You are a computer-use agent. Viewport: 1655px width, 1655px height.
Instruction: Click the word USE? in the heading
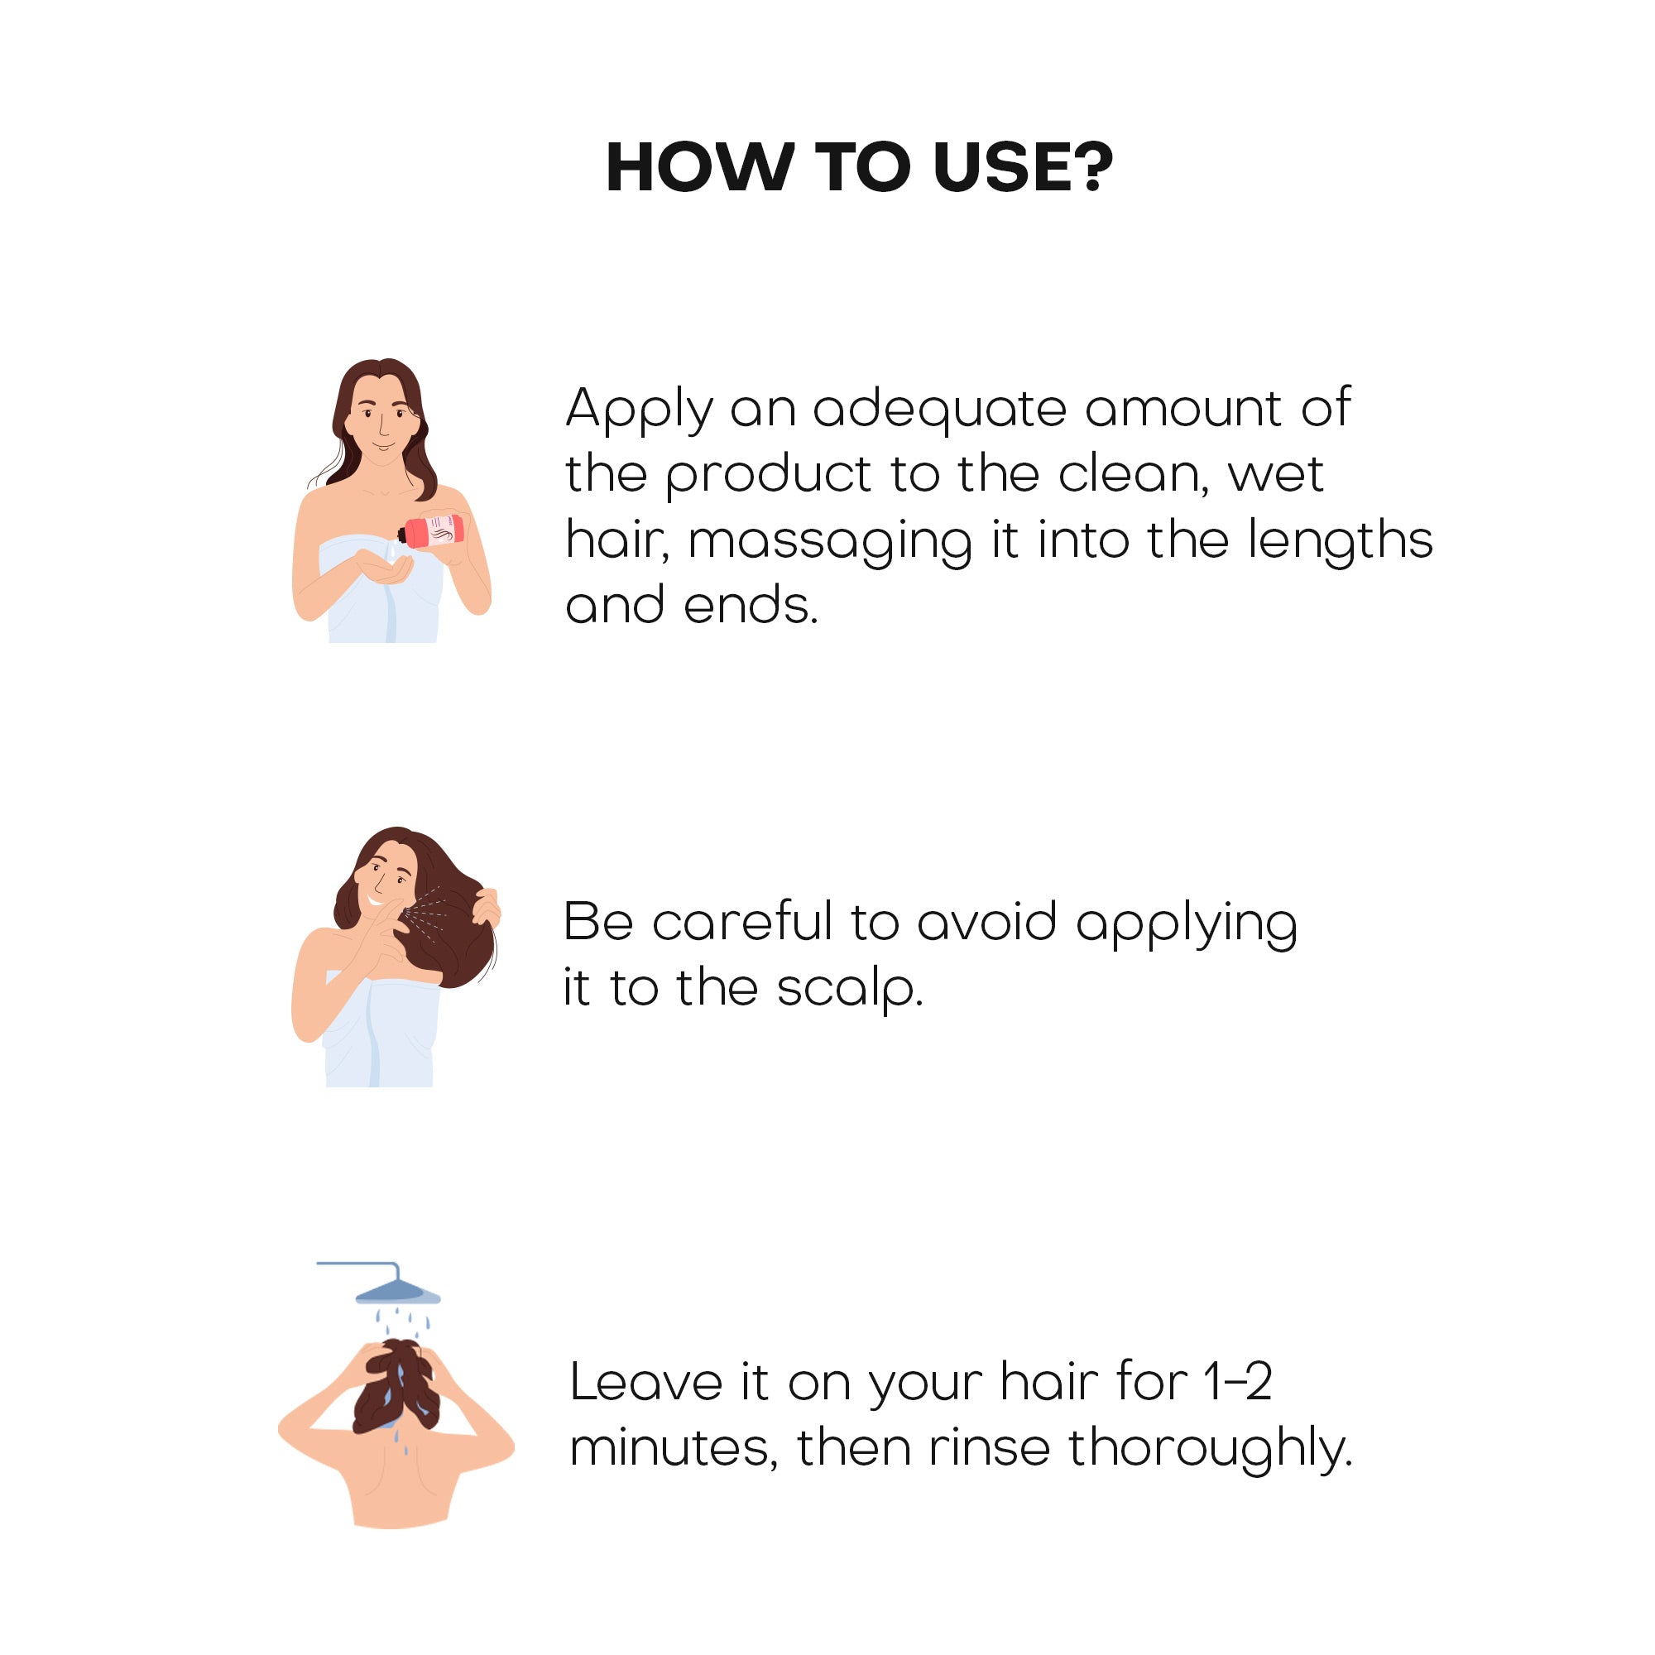click(1023, 166)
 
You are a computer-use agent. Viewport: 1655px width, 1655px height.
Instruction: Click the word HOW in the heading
click(700, 166)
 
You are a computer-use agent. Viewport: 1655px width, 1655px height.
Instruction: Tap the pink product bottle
click(432, 531)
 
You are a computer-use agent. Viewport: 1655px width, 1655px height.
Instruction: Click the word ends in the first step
click(751, 605)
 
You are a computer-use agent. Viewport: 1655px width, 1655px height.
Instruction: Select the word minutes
click(674, 1449)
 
